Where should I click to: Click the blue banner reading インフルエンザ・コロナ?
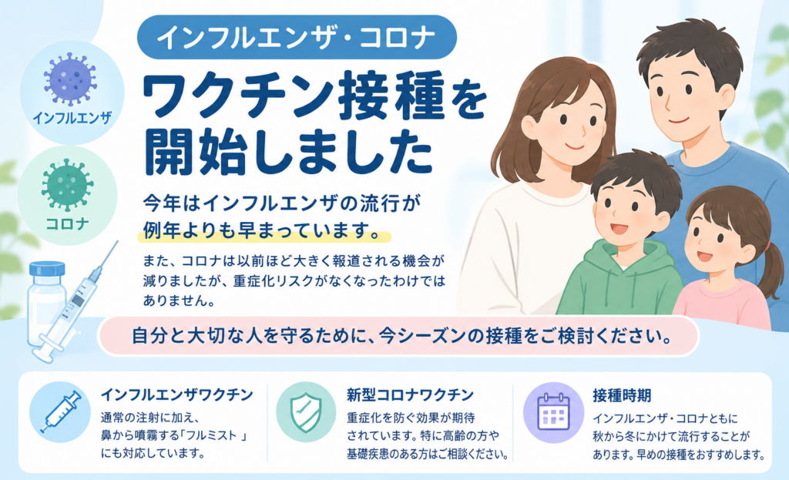297,38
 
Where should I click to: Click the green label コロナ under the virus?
68,223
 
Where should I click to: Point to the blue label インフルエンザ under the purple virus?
72,118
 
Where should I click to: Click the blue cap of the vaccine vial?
47,269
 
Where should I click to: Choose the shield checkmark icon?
306,412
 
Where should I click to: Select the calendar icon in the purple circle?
553,412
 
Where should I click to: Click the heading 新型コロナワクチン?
410,394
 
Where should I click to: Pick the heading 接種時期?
622,395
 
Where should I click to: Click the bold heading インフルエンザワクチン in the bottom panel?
176,394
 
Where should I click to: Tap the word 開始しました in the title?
288,153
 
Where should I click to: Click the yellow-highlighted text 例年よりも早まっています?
260,230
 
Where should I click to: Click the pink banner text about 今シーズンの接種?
400,336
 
